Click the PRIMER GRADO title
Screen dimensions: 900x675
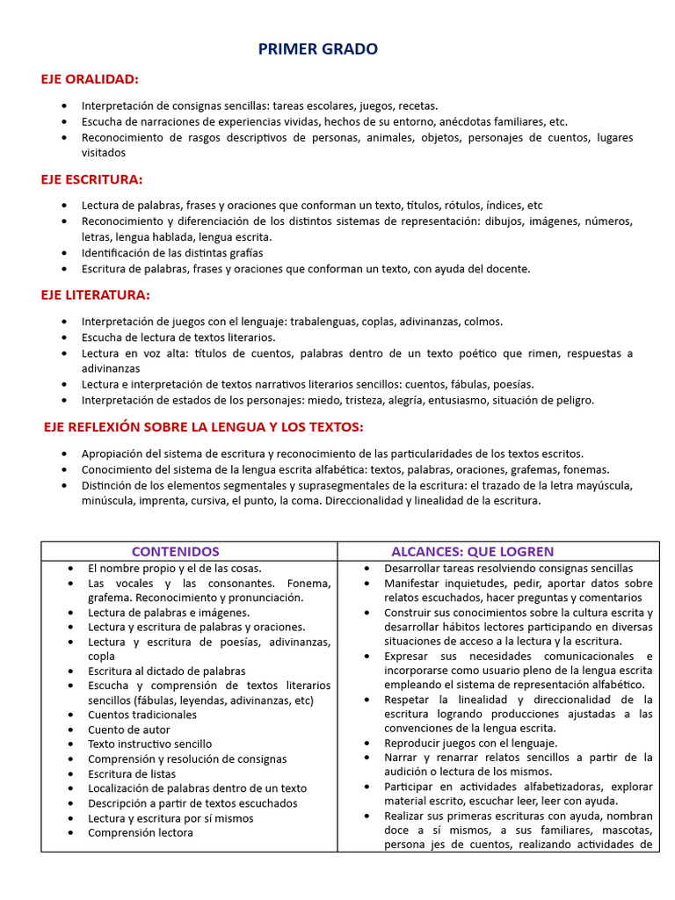[x=318, y=50]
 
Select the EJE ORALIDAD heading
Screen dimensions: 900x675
[x=90, y=79]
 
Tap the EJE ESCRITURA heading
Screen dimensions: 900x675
[x=91, y=179]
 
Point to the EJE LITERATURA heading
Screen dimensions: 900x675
[x=95, y=294]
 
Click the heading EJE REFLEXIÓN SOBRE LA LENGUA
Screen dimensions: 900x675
[x=203, y=427]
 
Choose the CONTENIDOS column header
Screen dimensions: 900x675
[x=176, y=552]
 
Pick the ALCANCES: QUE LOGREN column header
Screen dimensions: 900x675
[x=472, y=552]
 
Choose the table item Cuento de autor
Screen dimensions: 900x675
[x=129, y=729]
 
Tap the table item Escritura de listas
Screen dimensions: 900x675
[x=132, y=773]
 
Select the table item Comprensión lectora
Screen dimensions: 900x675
[x=141, y=832]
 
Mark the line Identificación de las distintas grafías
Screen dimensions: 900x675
[x=172, y=253]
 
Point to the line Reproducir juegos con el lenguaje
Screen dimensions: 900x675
[x=471, y=743]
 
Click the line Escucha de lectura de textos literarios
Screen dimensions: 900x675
[x=178, y=337]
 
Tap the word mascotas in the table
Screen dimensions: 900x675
[x=628, y=831]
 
